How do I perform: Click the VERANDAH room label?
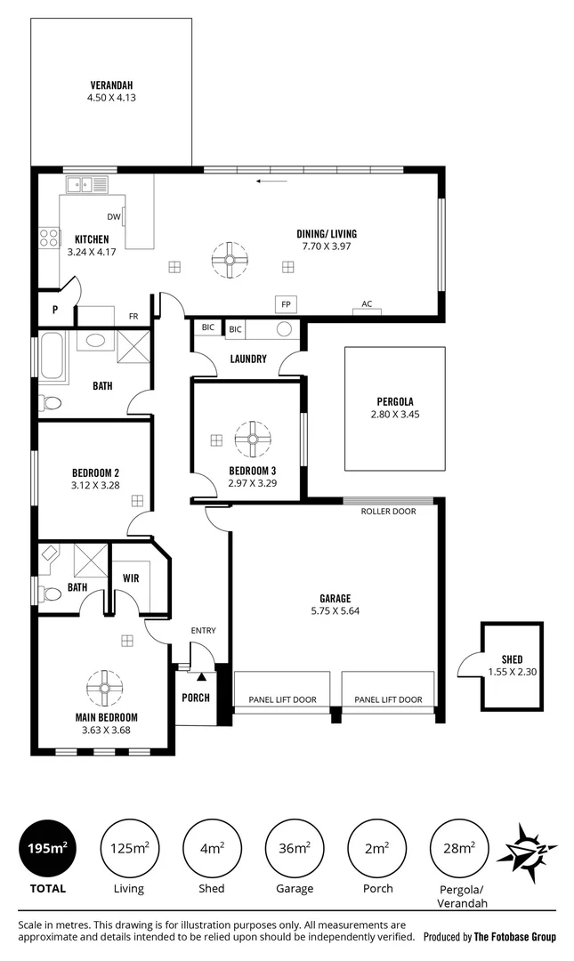tap(111, 85)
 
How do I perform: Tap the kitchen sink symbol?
tap(88, 184)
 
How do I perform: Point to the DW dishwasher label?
tap(113, 216)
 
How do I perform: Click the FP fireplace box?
tap(286, 304)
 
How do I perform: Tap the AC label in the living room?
tap(367, 303)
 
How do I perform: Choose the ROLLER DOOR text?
tap(388, 511)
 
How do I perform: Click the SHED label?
tap(512, 659)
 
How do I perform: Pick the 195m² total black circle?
tap(47, 848)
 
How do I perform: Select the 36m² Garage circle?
tap(295, 848)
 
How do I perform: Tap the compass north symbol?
tap(527, 852)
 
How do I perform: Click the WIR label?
tap(131, 578)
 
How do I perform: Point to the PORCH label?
tap(196, 698)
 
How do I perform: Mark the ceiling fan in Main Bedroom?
tap(105, 688)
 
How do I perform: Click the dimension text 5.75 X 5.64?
tap(336, 610)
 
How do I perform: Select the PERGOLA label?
tap(395, 401)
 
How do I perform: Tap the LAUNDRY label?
tap(248, 359)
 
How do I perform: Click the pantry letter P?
tap(55, 310)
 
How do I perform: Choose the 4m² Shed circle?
tap(212, 848)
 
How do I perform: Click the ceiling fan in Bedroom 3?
tap(253, 439)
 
